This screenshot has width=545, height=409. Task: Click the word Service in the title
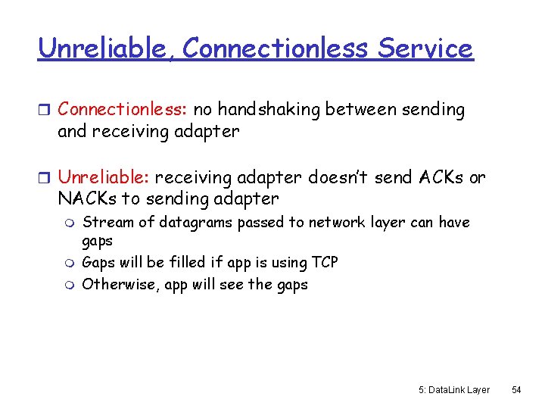[425, 48]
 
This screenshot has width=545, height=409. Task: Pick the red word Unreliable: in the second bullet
[104, 178]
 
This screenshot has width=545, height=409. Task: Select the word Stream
[104, 223]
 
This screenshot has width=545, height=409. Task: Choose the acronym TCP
[325, 263]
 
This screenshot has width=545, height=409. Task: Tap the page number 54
[517, 389]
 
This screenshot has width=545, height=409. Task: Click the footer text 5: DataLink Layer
[453, 389]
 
